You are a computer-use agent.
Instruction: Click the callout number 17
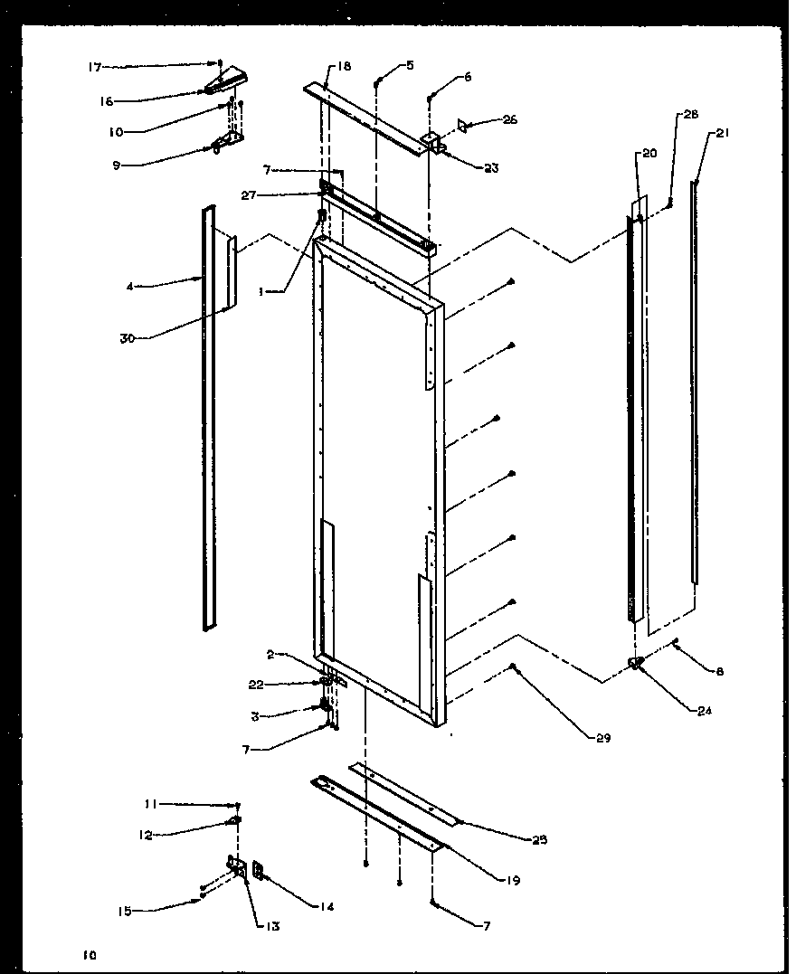point(94,66)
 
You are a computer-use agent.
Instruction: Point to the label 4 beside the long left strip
point(131,288)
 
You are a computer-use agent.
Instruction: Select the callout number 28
point(691,115)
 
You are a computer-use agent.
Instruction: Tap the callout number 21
point(721,133)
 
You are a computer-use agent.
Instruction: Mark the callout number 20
point(649,154)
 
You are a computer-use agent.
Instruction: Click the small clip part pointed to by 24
point(637,665)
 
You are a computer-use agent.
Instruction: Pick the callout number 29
point(603,739)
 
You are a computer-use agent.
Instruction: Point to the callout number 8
point(719,672)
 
